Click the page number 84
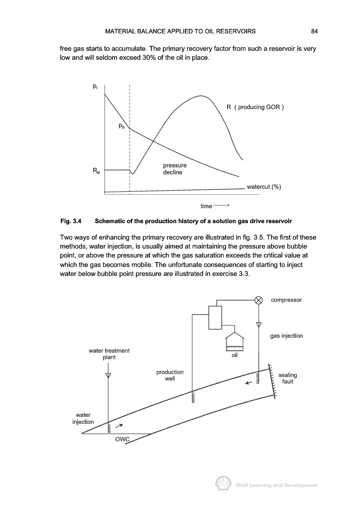point(314,31)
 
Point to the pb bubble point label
point(121,127)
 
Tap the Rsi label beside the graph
point(96,171)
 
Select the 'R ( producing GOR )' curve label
point(254,107)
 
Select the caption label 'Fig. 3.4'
point(70,220)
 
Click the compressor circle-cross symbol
point(258,300)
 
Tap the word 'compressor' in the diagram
point(286,300)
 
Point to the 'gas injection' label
point(286,336)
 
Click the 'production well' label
point(170,375)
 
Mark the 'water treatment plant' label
point(109,354)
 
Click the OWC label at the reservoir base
point(122,439)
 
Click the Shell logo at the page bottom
point(222,484)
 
